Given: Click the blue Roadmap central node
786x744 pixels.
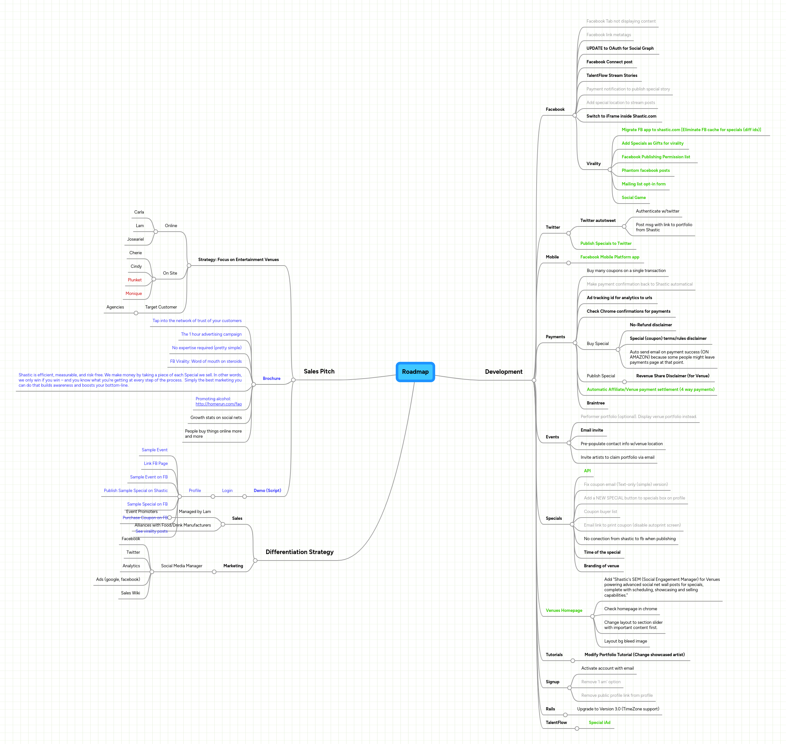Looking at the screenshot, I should point(415,372).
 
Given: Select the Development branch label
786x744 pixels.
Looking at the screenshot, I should point(503,372).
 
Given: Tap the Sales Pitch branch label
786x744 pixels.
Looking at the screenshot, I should point(319,371).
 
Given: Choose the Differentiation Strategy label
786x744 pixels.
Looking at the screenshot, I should point(299,552).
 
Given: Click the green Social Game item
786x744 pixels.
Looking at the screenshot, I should point(633,197).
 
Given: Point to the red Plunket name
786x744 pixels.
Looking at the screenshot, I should point(134,280).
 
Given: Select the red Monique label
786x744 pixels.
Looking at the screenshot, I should point(134,293).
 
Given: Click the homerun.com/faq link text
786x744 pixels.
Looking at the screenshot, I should point(218,404).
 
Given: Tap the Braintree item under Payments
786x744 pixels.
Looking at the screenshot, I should point(595,403).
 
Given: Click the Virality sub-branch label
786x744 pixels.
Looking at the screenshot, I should point(593,163).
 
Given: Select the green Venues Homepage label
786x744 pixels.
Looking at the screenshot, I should point(563,610).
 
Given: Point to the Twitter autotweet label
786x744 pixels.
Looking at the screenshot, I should point(598,221).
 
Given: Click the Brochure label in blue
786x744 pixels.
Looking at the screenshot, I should point(271,378).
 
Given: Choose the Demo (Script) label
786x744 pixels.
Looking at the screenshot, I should point(267,491).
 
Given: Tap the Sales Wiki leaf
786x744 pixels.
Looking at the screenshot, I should point(130,593).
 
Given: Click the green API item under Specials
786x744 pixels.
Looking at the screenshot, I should point(587,471).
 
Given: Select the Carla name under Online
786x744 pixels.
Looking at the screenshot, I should point(139,212).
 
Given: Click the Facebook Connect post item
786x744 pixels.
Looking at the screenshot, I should point(609,62).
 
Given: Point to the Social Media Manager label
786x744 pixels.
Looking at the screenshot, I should point(181,566).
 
